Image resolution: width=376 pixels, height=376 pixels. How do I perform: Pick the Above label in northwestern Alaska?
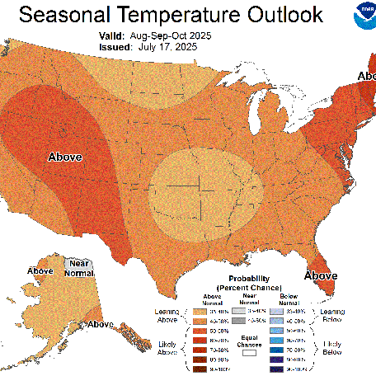tap(40, 270)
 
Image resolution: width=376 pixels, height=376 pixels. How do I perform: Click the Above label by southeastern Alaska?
tap(101, 324)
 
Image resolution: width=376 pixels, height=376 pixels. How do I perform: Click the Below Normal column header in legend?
tap(293, 298)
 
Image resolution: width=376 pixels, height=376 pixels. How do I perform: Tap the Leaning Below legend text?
tap(333, 315)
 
